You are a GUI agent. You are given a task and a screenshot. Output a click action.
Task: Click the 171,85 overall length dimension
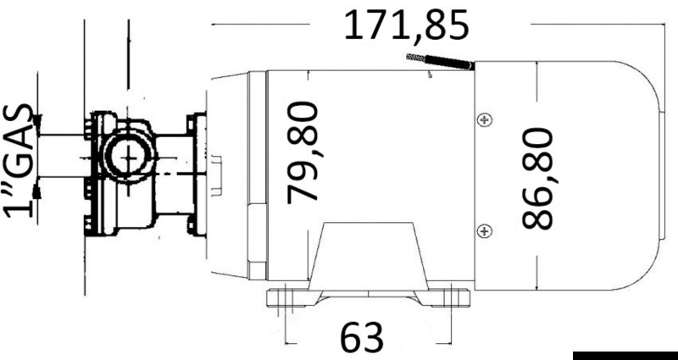(x=405, y=25)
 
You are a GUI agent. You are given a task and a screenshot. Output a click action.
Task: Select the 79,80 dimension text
(x=302, y=152)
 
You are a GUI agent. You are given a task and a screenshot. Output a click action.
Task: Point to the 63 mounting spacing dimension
(x=363, y=338)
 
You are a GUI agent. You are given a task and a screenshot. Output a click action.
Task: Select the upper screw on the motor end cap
(x=484, y=119)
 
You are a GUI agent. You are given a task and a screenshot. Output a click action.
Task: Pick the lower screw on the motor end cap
(x=484, y=230)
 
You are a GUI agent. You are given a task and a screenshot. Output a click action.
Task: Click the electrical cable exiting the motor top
(x=439, y=62)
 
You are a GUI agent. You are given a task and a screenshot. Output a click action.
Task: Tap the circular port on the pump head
(x=126, y=157)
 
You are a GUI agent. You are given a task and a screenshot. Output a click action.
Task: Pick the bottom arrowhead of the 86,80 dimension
(x=537, y=285)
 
